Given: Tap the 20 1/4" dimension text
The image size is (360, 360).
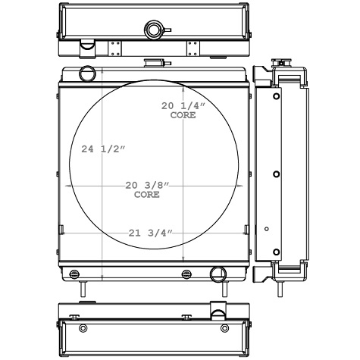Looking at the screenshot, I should coord(183,107).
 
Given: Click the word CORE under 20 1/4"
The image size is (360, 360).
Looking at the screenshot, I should coord(183,116).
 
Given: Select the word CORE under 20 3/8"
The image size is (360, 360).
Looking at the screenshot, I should coord(147,195).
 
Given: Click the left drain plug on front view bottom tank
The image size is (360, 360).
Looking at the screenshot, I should coord(74,274).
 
